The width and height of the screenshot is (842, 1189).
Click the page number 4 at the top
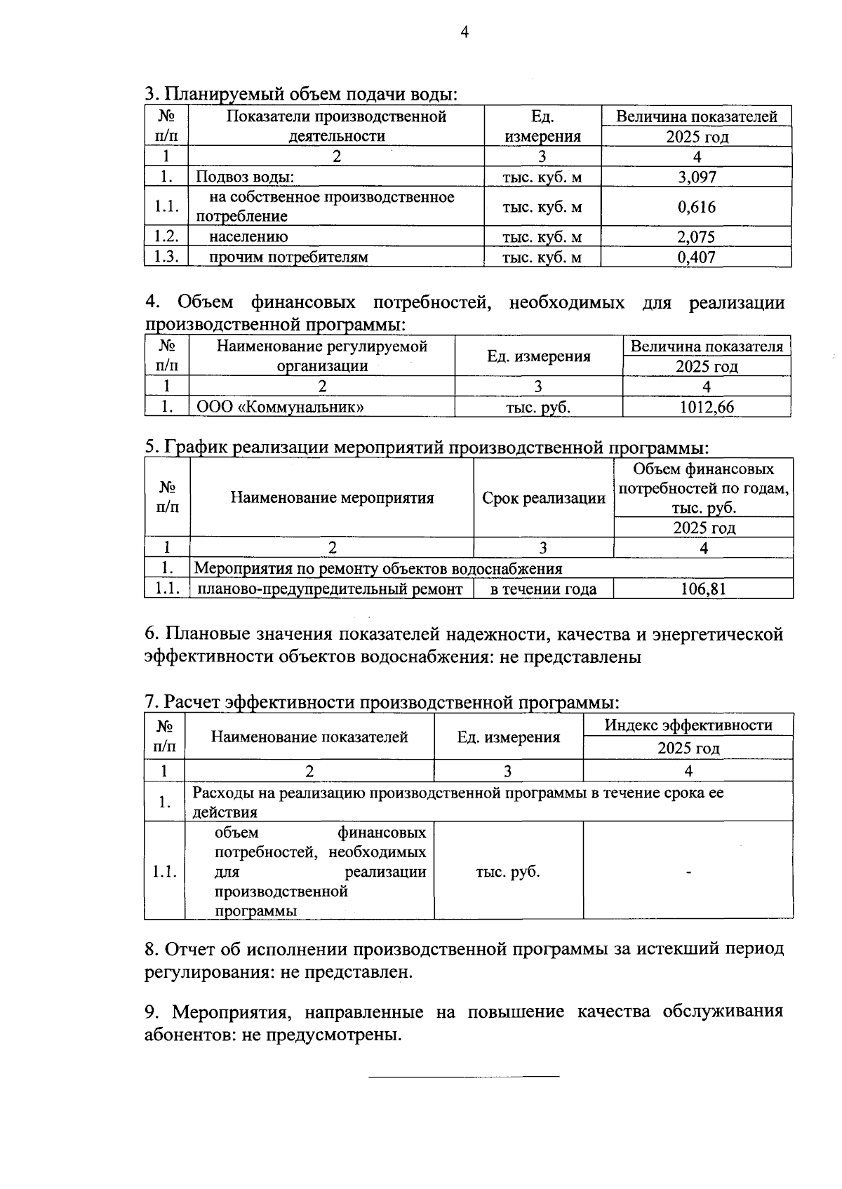coord(464,32)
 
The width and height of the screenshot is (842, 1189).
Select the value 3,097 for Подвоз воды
coord(696,177)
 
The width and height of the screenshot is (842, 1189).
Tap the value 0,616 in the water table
coord(696,207)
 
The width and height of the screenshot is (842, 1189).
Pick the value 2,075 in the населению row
coord(696,237)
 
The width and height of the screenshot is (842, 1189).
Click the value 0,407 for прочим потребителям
coord(696,257)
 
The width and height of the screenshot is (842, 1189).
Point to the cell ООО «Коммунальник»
coord(280,407)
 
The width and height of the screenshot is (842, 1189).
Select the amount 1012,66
coord(707,407)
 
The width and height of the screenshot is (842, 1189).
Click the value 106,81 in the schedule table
coord(703,589)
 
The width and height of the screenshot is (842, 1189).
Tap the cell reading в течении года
coord(543,589)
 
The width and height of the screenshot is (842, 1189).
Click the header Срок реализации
coord(543,499)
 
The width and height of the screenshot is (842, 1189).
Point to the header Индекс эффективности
coord(688,725)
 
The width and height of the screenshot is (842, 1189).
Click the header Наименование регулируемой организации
coord(322,356)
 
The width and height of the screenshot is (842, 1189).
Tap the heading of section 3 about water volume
coord(301,94)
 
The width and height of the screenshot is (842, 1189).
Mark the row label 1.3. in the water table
coord(166,257)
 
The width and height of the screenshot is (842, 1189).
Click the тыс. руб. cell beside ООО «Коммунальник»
coord(538,407)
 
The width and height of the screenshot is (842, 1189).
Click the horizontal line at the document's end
coord(464,1076)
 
